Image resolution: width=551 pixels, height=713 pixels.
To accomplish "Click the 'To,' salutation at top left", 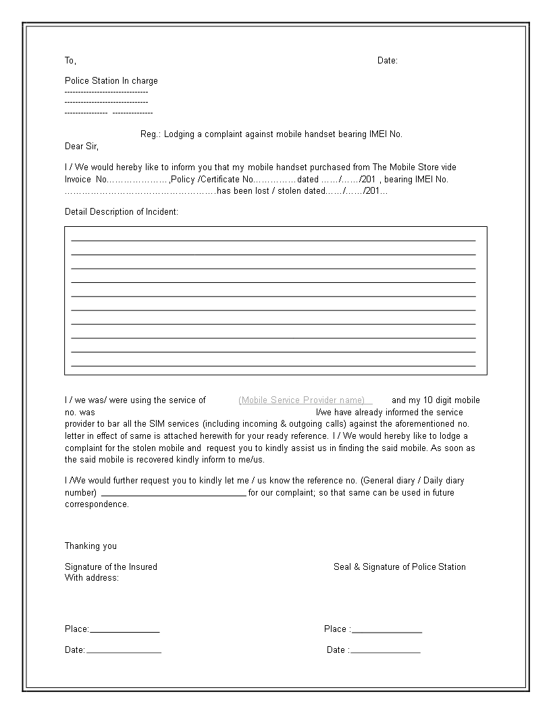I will (x=70, y=61).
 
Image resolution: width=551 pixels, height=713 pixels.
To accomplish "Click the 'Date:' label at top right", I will (x=387, y=61).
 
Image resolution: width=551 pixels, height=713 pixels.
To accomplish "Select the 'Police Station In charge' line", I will (x=111, y=81).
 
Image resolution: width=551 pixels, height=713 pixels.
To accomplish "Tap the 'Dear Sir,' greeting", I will (x=81, y=146).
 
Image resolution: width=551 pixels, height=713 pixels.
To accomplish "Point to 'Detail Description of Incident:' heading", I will (x=122, y=212).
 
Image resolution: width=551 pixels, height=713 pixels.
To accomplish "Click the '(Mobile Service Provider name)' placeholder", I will (x=302, y=400).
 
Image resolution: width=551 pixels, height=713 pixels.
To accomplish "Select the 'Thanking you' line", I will (x=90, y=546).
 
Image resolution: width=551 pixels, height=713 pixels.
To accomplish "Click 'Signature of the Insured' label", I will (x=111, y=567).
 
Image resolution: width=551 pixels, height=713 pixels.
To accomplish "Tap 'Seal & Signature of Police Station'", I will (x=399, y=567).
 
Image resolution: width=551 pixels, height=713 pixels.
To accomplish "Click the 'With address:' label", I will (x=92, y=578).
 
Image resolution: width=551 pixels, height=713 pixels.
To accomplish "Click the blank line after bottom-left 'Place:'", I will (x=125, y=631).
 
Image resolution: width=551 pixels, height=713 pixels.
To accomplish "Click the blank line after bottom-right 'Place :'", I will (x=387, y=631).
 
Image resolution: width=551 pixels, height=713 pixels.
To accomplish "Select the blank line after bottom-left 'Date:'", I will (x=124, y=652).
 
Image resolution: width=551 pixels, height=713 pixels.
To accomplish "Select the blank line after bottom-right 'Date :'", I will (x=386, y=652).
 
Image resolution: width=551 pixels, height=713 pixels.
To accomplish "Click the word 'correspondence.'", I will (x=97, y=504).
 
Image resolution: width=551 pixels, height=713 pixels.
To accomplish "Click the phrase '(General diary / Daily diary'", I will (x=412, y=481).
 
